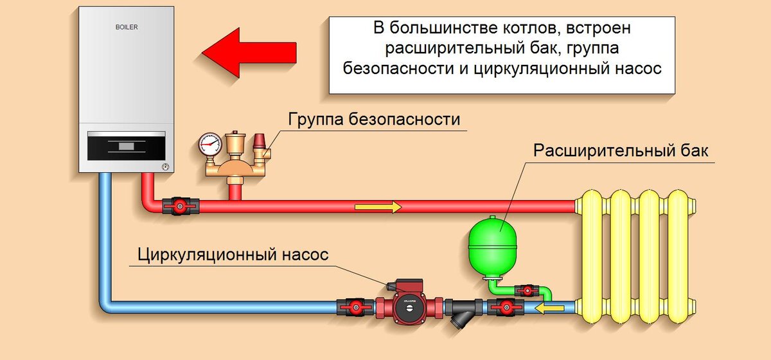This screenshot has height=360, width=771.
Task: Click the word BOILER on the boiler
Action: tap(127, 28)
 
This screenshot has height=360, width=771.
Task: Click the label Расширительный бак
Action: tap(621, 152)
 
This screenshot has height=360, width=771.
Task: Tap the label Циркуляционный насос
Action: tap(233, 255)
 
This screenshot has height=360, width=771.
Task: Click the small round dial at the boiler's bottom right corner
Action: tap(165, 166)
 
